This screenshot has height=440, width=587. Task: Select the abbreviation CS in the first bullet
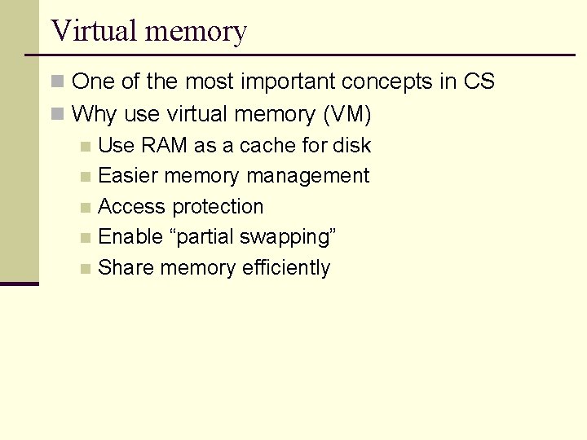point(479,81)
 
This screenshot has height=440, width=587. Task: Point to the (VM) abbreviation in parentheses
point(347,115)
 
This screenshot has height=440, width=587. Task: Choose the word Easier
point(127,176)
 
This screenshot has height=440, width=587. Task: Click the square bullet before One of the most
point(57,82)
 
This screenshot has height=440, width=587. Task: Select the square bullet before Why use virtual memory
point(57,115)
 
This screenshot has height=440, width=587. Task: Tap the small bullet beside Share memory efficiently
point(86,269)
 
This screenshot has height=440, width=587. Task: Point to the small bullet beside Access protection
point(86,208)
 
